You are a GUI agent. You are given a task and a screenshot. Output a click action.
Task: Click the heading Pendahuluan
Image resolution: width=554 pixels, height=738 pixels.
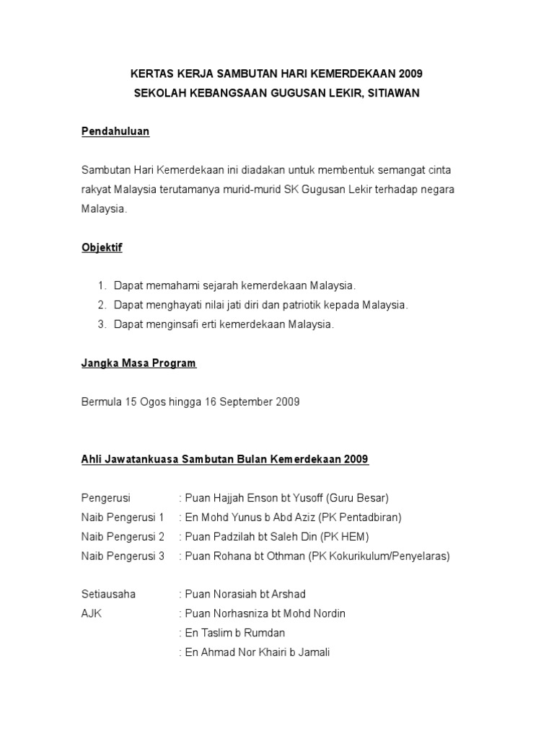click(x=115, y=132)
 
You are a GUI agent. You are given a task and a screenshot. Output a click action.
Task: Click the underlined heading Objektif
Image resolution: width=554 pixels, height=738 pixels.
click(x=102, y=247)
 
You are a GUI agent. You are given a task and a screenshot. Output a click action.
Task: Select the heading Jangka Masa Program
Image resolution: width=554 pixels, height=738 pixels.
click(x=138, y=363)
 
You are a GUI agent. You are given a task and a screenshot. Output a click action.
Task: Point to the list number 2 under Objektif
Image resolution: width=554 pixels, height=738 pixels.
click(x=102, y=305)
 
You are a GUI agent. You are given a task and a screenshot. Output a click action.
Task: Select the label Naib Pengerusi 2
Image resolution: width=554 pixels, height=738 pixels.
click(x=123, y=536)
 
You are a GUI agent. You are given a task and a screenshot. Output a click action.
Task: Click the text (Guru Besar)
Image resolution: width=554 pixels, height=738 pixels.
click(x=357, y=497)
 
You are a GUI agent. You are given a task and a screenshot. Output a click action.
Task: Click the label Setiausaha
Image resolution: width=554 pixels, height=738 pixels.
click(x=108, y=594)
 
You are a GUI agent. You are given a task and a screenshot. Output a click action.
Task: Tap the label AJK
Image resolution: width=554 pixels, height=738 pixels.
click(x=92, y=613)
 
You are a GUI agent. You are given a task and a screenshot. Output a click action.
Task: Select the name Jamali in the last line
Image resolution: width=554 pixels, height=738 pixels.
click(x=313, y=652)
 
